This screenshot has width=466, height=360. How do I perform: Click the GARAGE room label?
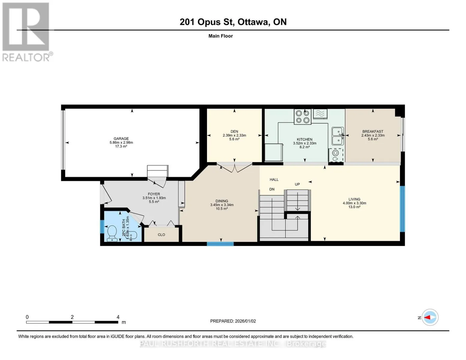pos(121,139)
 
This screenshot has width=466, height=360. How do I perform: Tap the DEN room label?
pos(234,132)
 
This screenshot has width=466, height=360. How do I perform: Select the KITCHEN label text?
pos(305,139)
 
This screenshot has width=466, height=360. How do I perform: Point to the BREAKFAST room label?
pos(373,132)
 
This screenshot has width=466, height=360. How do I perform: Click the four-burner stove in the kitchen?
pos(302,117)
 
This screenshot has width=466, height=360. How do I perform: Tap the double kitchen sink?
pos(338,136)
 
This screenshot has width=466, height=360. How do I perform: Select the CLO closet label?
pos(161,235)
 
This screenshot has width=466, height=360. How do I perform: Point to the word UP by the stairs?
pos(297,184)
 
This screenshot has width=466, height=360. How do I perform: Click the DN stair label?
pos(272,189)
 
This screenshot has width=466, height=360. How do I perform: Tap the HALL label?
pos(274,180)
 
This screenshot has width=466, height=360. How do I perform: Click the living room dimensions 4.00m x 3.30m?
pos(354,203)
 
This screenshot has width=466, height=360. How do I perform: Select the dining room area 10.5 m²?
pos(221,209)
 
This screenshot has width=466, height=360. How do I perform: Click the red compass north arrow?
pos(427,317)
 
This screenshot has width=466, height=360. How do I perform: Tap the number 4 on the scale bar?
pos(118,317)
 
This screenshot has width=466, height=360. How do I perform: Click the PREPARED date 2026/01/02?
pos(245,321)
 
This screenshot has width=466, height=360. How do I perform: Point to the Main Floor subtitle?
pos(221,36)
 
